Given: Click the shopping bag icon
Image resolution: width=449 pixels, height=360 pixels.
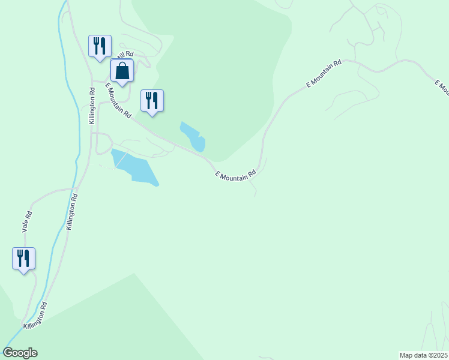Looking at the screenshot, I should pos(122,71).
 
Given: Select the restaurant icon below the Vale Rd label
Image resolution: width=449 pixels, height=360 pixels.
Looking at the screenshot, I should pos(23,259).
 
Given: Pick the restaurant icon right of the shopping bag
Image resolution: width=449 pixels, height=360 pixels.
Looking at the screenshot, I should pos(152,101).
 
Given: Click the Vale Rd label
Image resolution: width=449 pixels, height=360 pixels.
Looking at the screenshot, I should pos(26,222).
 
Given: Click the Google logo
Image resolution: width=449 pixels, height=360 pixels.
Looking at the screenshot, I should pos(20,353).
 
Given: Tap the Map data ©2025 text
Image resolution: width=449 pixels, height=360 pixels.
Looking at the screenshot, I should pos(424,355).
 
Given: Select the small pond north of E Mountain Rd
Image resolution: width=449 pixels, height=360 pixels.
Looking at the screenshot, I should pos(193,137).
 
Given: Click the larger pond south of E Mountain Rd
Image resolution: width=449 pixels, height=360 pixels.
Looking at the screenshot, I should pos(135,168).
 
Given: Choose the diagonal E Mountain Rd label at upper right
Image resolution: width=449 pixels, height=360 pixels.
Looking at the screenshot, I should pos(324,74).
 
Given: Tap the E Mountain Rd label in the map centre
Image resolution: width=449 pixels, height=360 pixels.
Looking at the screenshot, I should pos(235,175).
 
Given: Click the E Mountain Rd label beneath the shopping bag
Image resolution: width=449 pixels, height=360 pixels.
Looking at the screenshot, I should pos(118,100).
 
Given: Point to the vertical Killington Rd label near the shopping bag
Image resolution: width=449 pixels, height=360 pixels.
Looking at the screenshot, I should pos(92,106).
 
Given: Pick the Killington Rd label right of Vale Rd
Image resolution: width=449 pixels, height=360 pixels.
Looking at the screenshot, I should pos(73,212).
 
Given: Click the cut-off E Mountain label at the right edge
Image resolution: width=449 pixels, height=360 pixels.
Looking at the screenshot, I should pos(442,88).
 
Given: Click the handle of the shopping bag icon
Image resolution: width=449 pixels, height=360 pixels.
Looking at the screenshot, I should pos(122,65).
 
